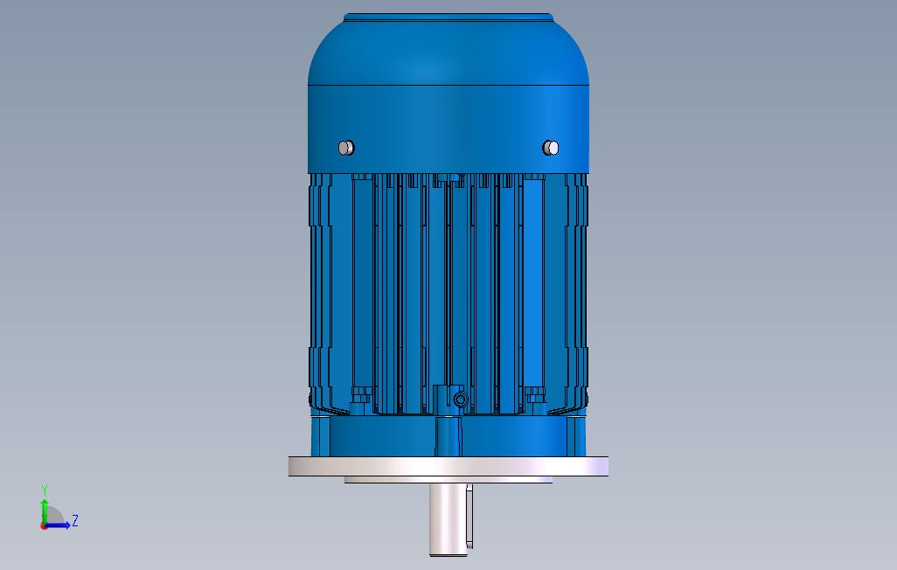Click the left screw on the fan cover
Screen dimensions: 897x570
[346, 148]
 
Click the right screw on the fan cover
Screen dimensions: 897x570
[550, 148]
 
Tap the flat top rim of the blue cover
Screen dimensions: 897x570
[448, 17]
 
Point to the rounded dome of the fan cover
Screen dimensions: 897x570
[448, 52]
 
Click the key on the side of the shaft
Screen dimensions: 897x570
[469, 516]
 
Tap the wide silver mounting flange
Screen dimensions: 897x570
[448, 467]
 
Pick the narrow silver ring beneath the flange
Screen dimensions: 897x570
[448, 480]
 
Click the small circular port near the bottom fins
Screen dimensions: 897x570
[461, 399]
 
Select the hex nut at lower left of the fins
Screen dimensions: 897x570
[361, 395]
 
